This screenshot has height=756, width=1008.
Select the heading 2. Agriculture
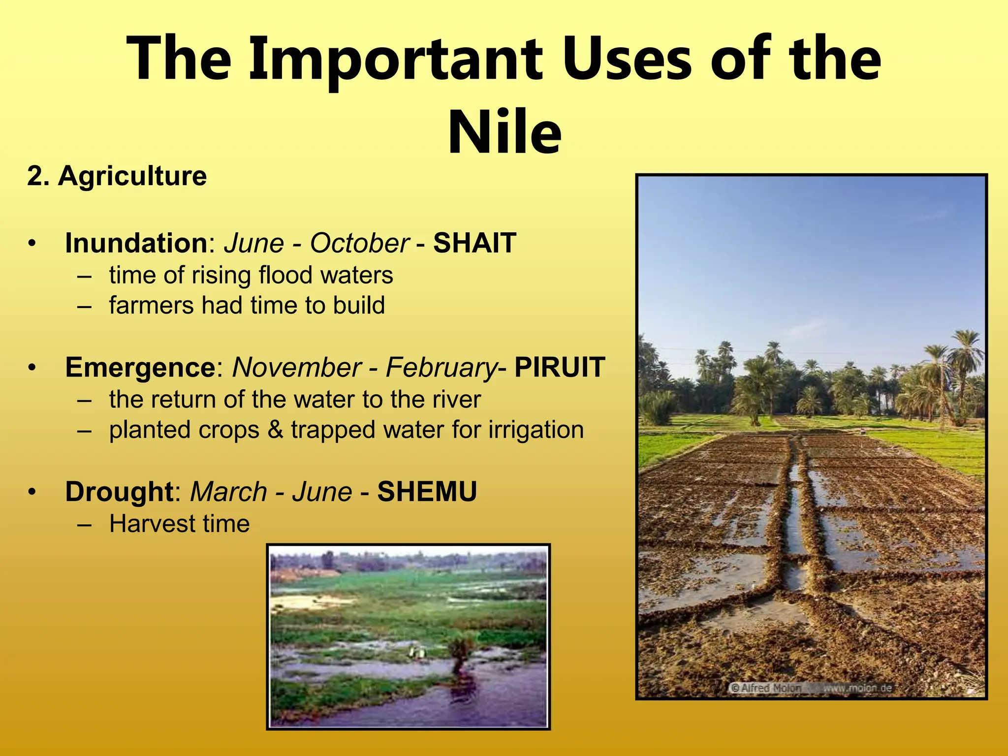tap(117, 176)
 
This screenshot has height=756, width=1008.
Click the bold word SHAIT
tap(474, 243)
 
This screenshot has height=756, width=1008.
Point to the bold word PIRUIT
tap(560, 367)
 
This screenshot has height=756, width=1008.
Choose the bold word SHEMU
tap(427, 492)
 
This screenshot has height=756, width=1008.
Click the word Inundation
tap(136, 243)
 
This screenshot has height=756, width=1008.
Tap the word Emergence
tap(140, 367)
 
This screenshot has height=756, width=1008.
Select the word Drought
tap(119, 492)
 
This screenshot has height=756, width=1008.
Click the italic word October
tap(359, 243)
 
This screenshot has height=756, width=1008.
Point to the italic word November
tap(297, 367)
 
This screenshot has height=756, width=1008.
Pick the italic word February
tap(441, 368)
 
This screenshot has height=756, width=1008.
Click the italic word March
tap(228, 492)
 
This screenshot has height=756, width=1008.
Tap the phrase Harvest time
tap(179, 523)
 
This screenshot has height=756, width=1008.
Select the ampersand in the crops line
tap(275, 430)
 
